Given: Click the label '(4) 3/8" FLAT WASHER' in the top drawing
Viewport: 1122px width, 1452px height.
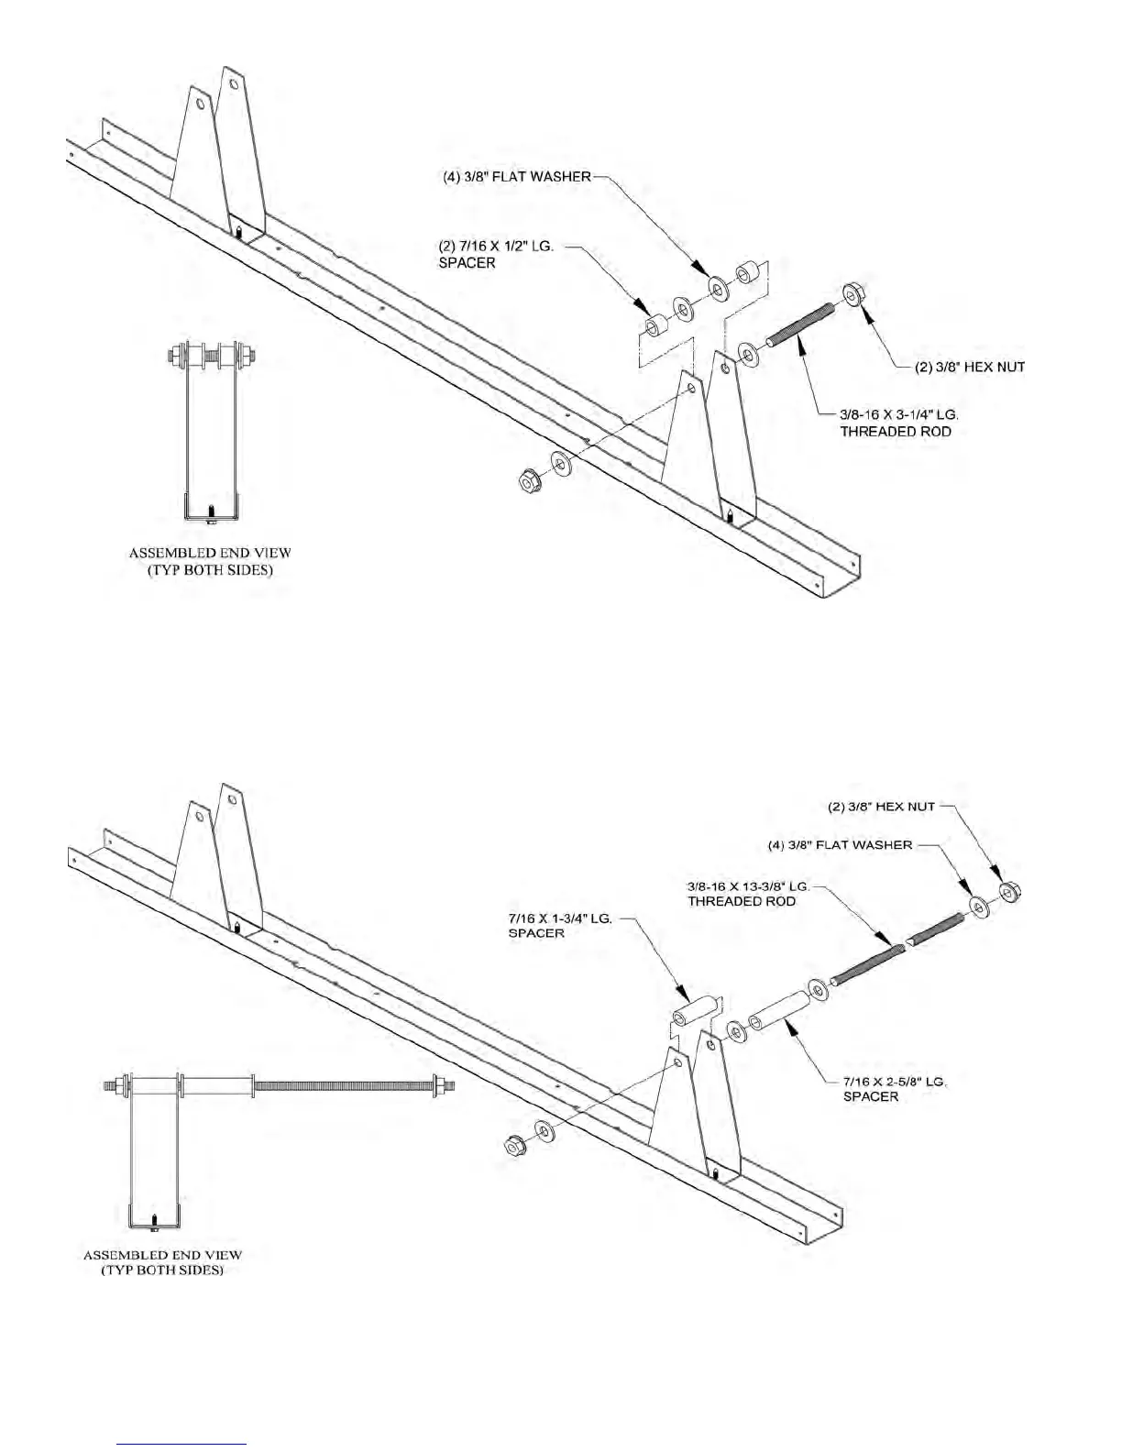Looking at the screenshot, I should pyautogui.click(x=511, y=177).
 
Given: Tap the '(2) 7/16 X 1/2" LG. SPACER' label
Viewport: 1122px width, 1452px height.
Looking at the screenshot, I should pyautogui.click(x=495, y=255).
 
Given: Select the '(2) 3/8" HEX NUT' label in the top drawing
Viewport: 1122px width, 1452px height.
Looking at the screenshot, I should pyautogui.click(x=970, y=368).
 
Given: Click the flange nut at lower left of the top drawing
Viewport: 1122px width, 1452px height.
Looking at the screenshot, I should pyautogui.click(x=528, y=478).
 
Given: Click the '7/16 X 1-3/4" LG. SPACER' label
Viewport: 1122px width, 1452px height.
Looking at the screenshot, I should pyautogui.click(x=559, y=925).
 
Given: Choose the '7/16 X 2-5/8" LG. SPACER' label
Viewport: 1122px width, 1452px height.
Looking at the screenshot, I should pyautogui.click(x=894, y=1089).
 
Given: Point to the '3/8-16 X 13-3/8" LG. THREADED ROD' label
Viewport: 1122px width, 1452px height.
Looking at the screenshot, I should pyautogui.click(x=747, y=894).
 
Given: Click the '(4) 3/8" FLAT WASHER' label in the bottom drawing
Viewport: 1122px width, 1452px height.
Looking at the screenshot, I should pyautogui.click(x=840, y=845).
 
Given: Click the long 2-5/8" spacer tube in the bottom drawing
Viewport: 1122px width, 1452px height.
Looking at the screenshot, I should pyautogui.click(x=777, y=1011).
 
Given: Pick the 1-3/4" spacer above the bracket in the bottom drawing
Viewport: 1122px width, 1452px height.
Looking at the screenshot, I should pyautogui.click(x=693, y=1009).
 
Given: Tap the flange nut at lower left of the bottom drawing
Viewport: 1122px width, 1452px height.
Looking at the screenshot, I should pyautogui.click(x=515, y=1145).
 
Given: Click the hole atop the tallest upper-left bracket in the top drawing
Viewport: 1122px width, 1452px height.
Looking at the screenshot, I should pyautogui.click(x=234, y=84).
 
